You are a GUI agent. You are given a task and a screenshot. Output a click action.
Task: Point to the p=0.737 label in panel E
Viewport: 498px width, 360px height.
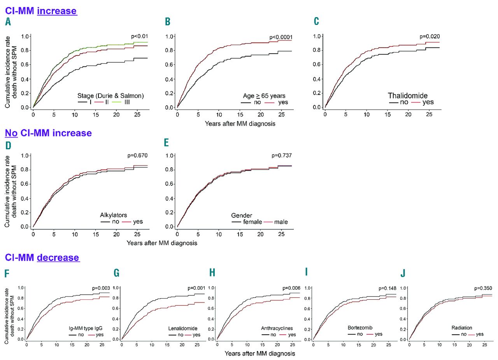coord(282,156)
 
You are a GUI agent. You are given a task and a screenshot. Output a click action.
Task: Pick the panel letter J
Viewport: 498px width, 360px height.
coord(403,273)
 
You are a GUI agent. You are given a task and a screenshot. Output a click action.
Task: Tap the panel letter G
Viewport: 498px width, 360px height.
coord(116,273)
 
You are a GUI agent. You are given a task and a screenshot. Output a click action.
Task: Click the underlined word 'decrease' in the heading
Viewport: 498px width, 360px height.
coord(58,257)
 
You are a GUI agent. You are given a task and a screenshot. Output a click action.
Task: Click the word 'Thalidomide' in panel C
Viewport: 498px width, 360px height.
coord(408,95)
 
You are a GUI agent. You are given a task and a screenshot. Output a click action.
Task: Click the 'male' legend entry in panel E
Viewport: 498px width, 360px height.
coord(280,222)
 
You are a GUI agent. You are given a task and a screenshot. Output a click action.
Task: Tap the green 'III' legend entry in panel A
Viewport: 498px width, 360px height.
coord(127,102)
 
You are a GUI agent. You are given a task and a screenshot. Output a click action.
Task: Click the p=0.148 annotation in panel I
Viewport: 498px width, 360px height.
coord(387,288)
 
